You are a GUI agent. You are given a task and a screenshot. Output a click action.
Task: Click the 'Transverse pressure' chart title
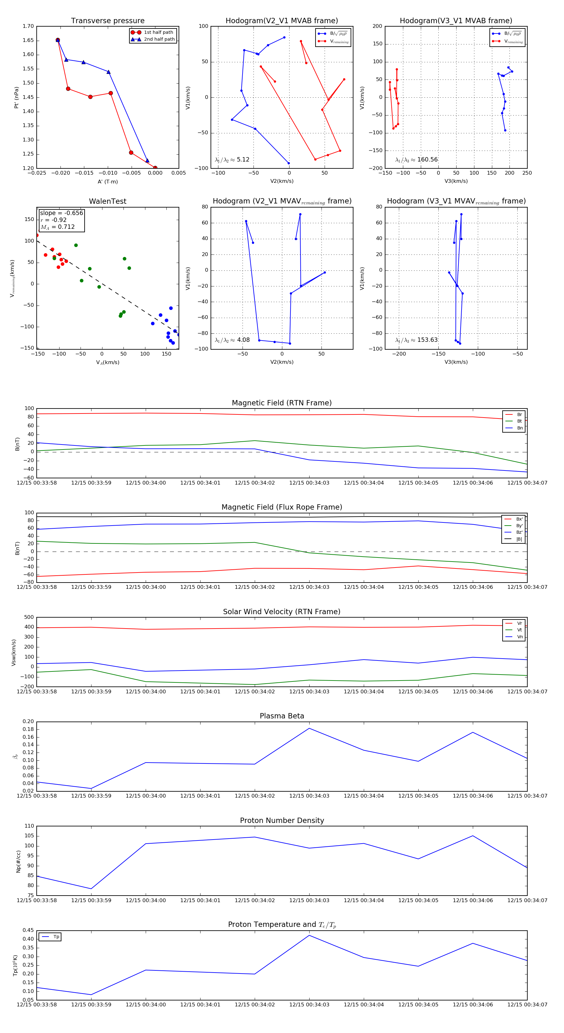point(107,21)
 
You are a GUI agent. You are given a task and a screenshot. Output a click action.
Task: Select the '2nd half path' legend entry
point(159,39)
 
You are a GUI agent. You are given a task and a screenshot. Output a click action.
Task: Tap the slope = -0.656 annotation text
point(61,213)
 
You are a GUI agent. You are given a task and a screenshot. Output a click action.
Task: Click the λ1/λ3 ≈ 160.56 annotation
point(416,160)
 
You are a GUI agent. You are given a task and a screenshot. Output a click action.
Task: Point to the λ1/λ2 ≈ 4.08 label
point(232,340)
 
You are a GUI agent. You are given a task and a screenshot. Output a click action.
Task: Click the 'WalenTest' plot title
point(107,201)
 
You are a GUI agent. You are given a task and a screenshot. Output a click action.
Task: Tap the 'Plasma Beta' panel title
point(282,716)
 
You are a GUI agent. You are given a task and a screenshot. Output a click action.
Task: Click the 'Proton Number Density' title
point(282,820)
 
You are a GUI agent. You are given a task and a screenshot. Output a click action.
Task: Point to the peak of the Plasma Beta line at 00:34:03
point(309,728)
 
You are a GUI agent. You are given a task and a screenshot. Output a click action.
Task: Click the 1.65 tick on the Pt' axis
point(28,40)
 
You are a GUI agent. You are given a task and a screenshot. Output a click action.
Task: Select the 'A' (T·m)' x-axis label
point(107,182)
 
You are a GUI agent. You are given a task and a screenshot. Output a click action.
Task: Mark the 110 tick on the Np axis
point(29,826)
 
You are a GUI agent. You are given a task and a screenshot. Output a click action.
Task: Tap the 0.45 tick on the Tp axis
point(28,930)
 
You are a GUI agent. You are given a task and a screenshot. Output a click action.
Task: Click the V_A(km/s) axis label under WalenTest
point(107,362)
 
